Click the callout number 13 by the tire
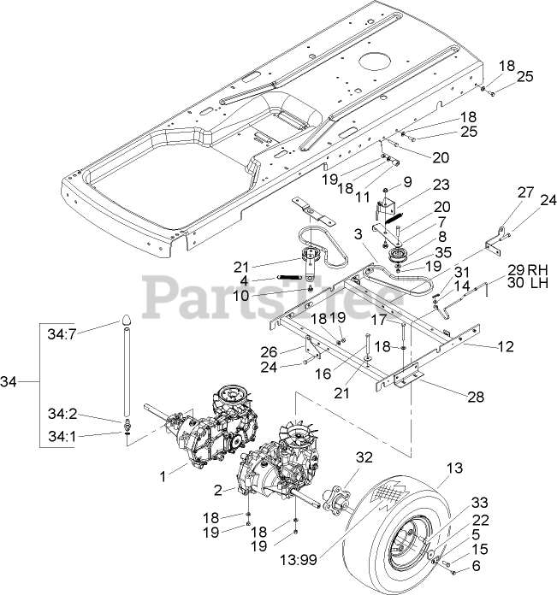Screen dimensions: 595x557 (x=453, y=468)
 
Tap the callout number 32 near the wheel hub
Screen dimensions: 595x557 (x=364, y=458)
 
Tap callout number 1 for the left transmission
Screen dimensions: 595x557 (x=163, y=469)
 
